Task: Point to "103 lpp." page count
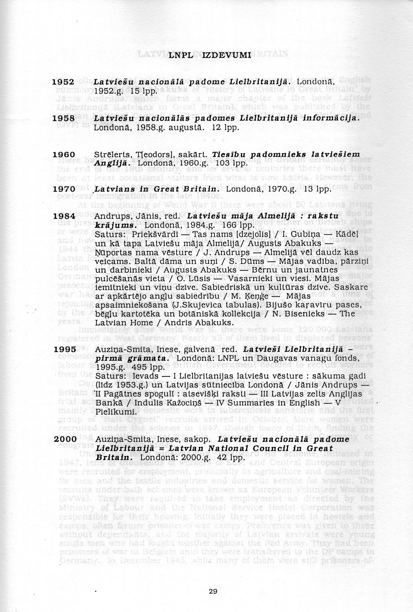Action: [233, 163]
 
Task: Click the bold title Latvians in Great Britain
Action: [157, 189]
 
